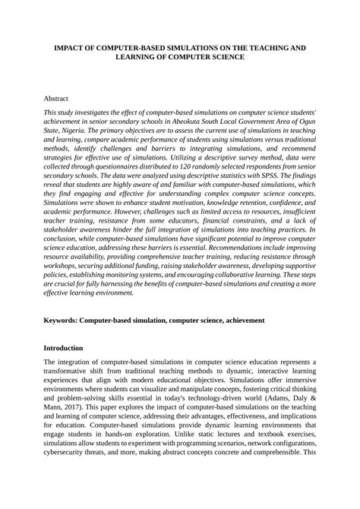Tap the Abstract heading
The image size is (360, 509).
coord(58,98)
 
